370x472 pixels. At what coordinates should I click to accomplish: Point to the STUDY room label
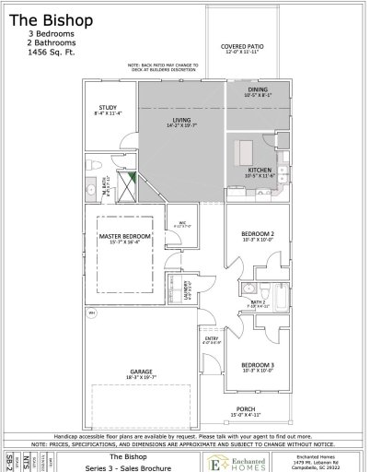coord(107,108)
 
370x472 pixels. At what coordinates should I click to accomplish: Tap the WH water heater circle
coord(92,314)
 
